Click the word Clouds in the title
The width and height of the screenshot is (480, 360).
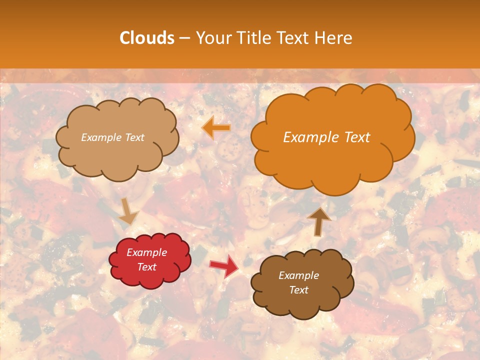(x=146, y=38)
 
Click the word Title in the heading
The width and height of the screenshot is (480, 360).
(x=253, y=38)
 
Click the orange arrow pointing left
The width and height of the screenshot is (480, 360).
(x=216, y=128)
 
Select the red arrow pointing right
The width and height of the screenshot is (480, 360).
(x=224, y=265)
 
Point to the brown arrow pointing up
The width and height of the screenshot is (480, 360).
(x=319, y=221)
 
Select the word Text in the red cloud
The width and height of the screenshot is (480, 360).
(x=147, y=267)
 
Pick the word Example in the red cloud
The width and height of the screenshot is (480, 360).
(x=147, y=252)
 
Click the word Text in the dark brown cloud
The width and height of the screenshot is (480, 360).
(x=299, y=290)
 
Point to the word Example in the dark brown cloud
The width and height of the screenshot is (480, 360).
(x=299, y=275)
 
